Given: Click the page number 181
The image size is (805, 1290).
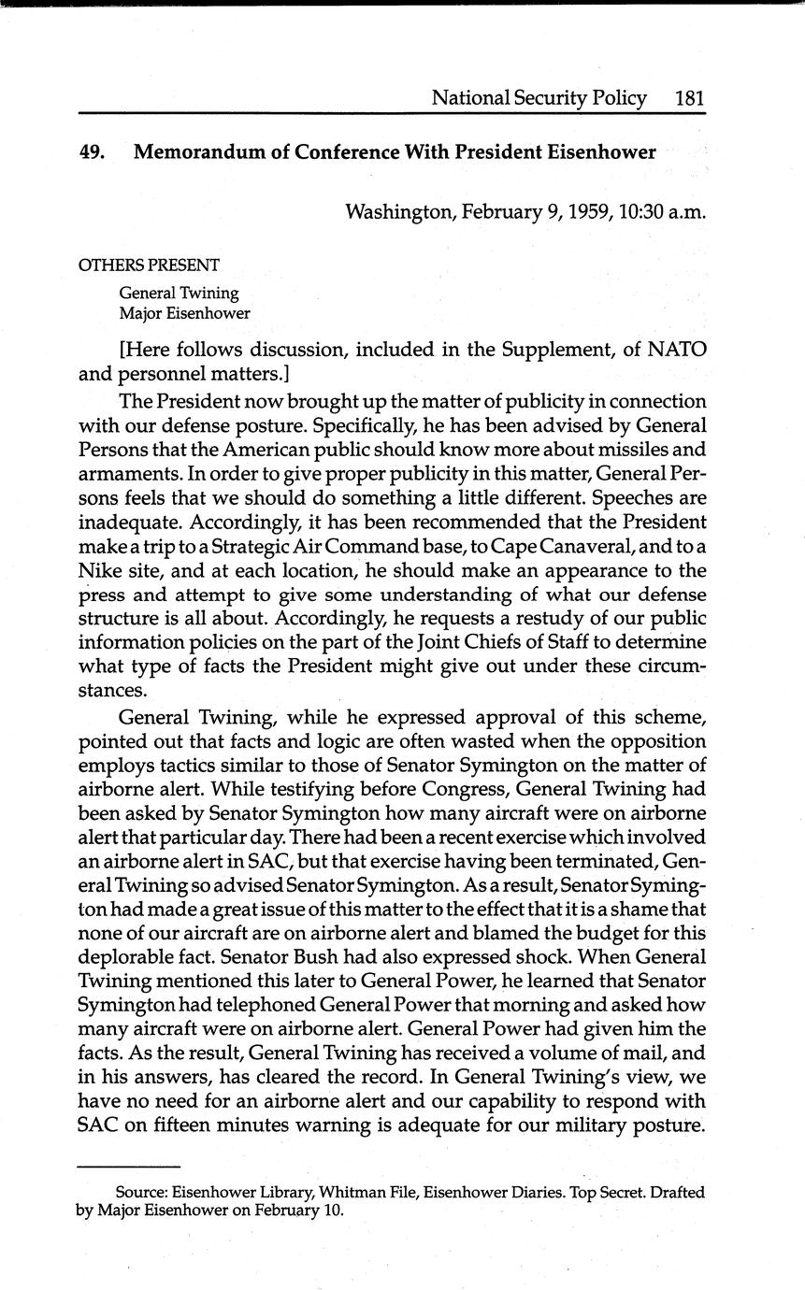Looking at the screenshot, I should (689, 97).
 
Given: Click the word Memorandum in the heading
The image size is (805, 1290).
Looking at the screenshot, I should (194, 152).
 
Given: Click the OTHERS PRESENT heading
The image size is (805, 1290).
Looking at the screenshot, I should (148, 265).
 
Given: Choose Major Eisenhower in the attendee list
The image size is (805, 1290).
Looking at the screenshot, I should (184, 313).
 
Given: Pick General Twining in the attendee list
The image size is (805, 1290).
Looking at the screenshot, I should (179, 293).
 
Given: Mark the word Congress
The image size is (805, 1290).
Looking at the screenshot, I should (441, 787).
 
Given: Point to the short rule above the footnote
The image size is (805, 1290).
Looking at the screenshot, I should (127, 1167).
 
